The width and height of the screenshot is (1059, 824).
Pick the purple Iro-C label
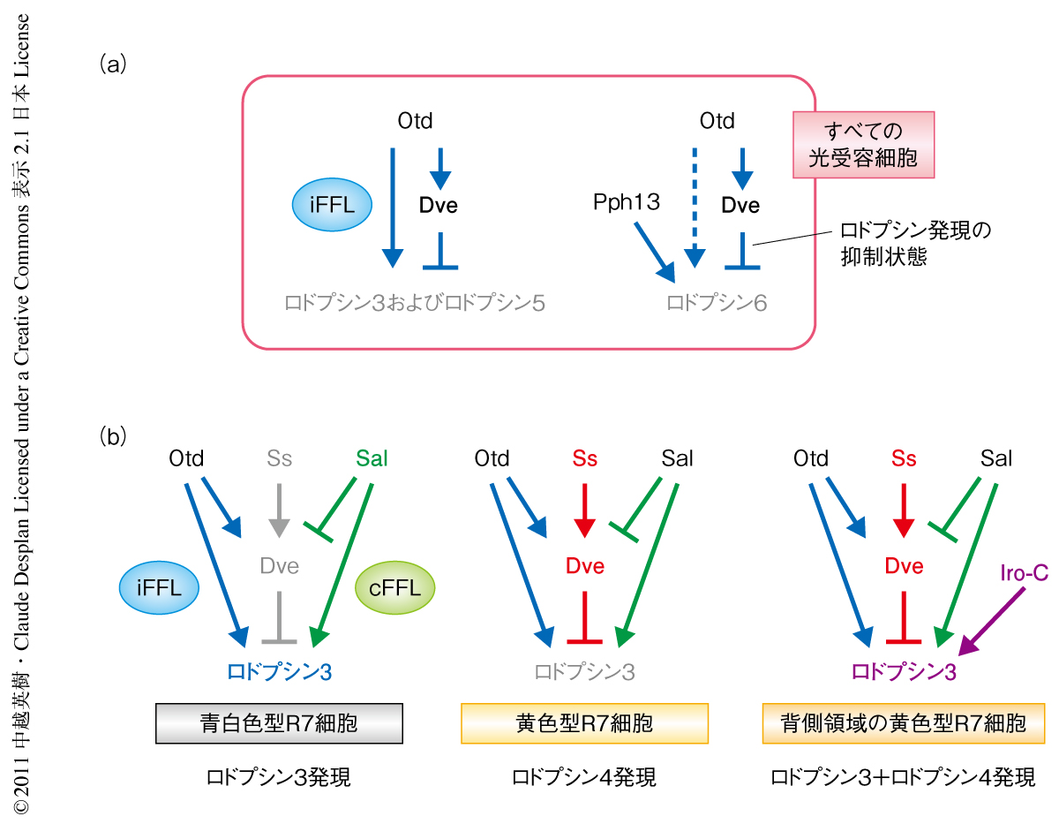1025,574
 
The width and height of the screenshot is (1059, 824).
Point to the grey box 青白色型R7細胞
279,723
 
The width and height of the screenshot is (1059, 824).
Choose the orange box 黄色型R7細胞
584,723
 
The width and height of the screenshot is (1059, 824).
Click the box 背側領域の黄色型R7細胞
903,723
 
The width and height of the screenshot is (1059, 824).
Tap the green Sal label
372,458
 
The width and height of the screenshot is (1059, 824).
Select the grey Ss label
279,458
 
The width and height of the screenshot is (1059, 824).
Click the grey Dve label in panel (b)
279,565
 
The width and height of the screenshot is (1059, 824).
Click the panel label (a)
116,63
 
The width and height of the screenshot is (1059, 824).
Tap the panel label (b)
116,435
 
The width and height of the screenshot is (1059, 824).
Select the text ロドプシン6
717,304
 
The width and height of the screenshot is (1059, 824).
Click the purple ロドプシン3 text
904,672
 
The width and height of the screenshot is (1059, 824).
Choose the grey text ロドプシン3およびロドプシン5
415,304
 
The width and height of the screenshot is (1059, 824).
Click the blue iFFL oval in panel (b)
161,586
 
